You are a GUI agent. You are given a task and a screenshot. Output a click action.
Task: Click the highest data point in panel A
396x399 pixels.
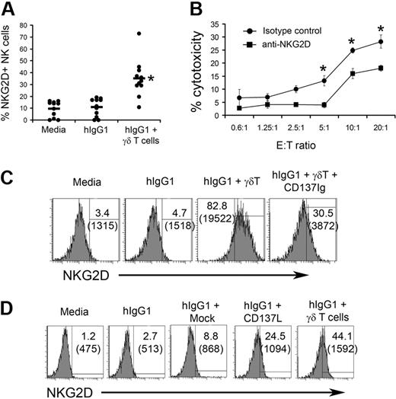138,34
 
